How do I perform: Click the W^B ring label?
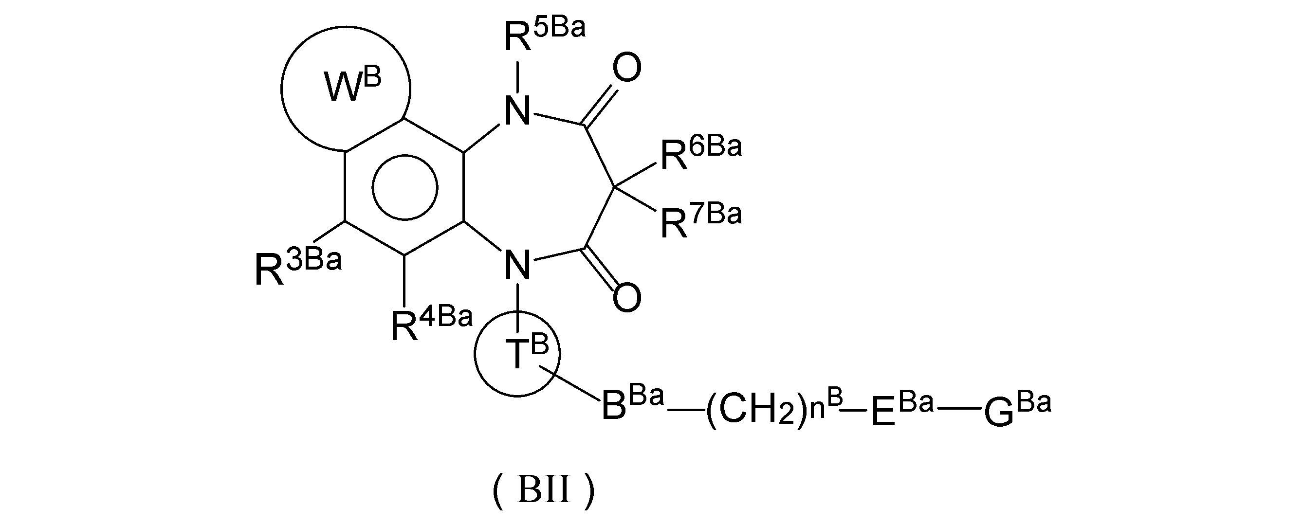pyautogui.click(x=352, y=88)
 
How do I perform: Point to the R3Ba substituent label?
pyautogui.click(x=297, y=268)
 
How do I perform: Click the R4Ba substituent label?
pyautogui.click(x=431, y=324)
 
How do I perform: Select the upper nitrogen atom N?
pyautogui.click(x=517, y=111)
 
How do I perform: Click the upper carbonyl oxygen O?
pyautogui.click(x=626, y=69)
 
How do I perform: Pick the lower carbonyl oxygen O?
pyautogui.click(x=626, y=297)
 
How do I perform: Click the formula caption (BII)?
pyautogui.click(x=543, y=490)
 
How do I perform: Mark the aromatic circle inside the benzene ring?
pyautogui.click(x=404, y=187)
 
